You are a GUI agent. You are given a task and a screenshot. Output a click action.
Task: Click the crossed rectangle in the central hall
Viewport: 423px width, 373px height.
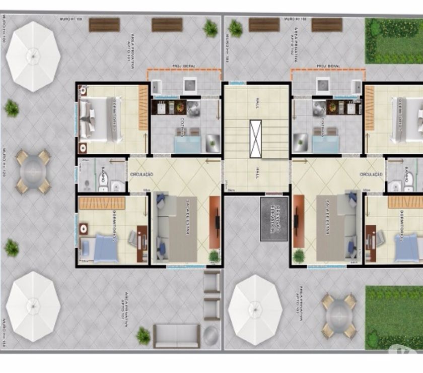pyautogui.click(x=256, y=139)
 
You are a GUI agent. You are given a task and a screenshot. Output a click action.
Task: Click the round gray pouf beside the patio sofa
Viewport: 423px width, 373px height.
pyautogui.click(x=211, y=335)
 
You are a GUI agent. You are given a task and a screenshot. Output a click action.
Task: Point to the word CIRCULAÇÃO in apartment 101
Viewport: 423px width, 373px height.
pyautogui.click(x=142, y=174)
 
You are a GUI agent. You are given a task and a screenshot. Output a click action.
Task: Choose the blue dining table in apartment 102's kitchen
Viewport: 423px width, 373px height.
pyautogui.click(x=325, y=143)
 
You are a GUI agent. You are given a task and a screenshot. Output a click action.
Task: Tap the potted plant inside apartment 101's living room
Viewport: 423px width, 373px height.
pyautogui.click(x=214, y=257)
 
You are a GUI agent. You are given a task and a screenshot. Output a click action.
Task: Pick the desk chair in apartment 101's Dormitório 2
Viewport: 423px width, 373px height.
pyautogui.click(x=133, y=238)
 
